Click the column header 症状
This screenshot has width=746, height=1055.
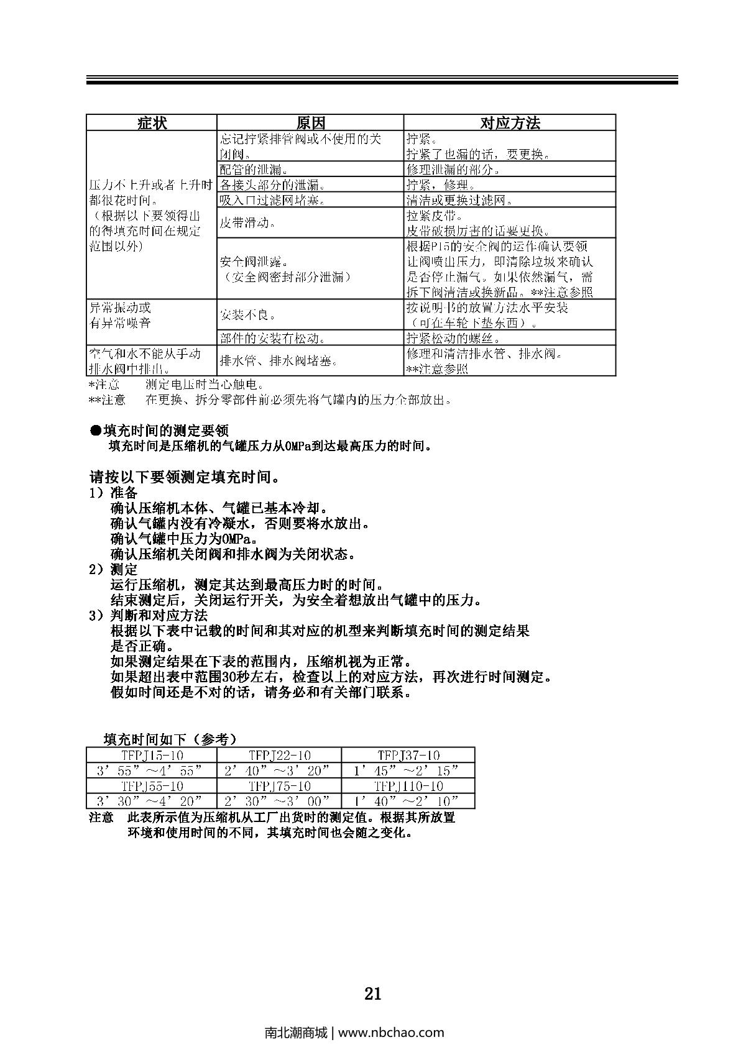(x=151, y=123)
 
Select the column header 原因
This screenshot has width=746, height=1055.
(x=310, y=123)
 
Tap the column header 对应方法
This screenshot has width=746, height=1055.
(x=509, y=123)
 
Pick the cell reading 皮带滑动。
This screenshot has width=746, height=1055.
(x=247, y=222)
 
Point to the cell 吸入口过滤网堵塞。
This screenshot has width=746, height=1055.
(x=271, y=200)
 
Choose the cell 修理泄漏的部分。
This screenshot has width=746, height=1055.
(x=453, y=170)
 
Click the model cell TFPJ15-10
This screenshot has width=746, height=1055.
(x=152, y=756)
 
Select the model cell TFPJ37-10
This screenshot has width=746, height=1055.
(x=408, y=756)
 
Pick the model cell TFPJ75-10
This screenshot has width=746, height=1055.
(x=279, y=786)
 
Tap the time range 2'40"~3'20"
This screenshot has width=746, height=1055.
(x=279, y=771)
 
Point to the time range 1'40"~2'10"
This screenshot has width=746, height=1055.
(x=408, y=801)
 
